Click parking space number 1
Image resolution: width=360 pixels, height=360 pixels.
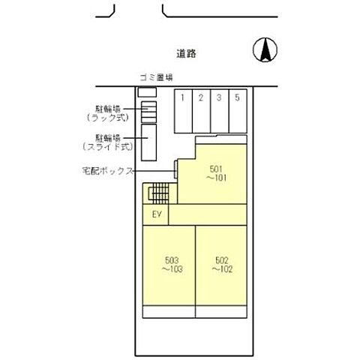[x=182, y=97]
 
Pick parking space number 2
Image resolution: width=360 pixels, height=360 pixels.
[x=201, y=97]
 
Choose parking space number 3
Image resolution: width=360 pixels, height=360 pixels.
[x=219, y=97]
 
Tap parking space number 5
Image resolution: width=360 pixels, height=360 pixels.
[x=238, y=97]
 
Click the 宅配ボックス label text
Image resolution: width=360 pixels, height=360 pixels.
[x=107, y=170]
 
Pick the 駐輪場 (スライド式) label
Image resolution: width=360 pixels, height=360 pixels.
[x=109, y=142]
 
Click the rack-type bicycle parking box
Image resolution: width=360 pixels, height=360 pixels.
[x=148, y=112]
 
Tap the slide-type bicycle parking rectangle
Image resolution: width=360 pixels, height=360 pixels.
[x=148, y=142]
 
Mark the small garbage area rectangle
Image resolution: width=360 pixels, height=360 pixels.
[x=147, y=91]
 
